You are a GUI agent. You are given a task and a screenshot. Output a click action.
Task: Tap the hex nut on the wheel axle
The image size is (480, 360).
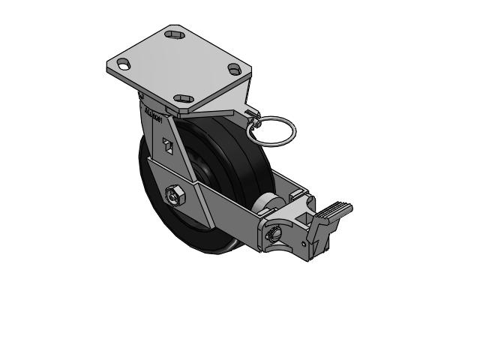click(x=173, y=196)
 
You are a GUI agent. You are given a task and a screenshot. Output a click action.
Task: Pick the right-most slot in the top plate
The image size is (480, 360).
click(x=235, y=69)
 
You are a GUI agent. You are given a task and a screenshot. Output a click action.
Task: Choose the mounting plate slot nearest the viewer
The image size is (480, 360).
click(x=182, y=98)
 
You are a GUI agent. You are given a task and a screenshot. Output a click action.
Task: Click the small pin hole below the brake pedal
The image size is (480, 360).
click(x=303, y=244)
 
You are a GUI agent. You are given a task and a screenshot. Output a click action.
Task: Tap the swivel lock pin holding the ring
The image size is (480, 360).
click(x=251, y=114)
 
